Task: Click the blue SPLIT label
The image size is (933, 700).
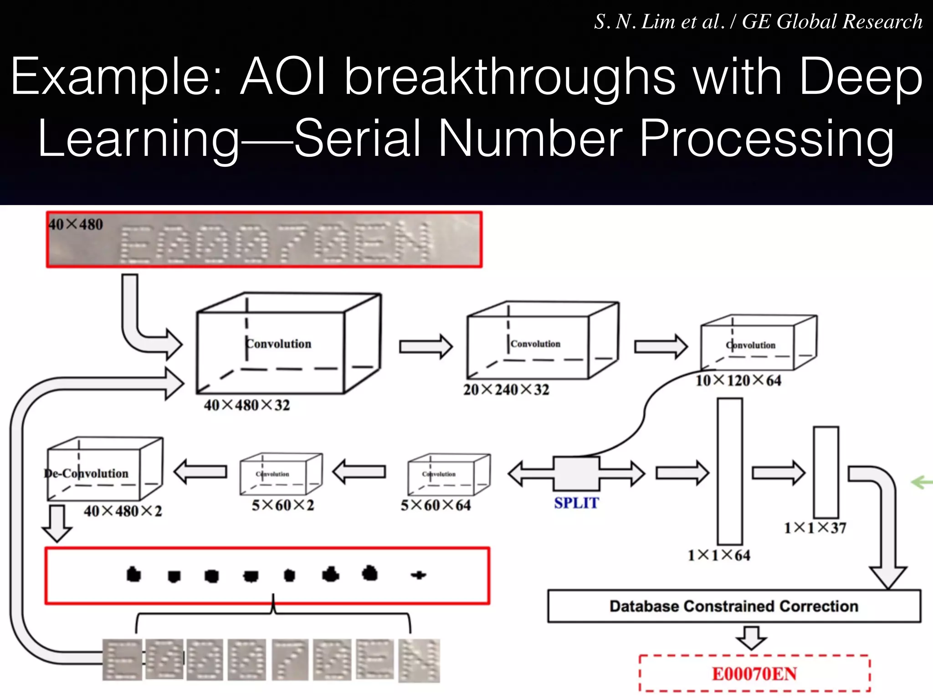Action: [576, 503]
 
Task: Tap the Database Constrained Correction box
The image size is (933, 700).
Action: [734, 606]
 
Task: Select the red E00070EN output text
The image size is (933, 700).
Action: [754, 674]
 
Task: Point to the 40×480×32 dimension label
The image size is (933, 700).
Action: [246, 405]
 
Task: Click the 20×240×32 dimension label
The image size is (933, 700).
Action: [506, 390]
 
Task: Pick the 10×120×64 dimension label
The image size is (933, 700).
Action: [738, 380]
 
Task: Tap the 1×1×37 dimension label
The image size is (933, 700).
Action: [815, 528]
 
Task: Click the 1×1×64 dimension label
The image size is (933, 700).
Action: [719, 555]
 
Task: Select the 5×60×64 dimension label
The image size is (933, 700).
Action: [436, 505]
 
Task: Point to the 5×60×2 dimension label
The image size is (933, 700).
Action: [283, 505]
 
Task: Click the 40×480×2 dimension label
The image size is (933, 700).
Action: [123, 511]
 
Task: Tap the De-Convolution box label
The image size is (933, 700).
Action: [87, 474]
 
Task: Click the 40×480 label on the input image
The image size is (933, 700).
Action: [76, 224]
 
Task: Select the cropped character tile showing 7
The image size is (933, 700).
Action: [290, 659]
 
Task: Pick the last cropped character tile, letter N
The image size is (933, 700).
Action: [419, 660]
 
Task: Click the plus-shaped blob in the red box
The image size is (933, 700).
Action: [418, 575]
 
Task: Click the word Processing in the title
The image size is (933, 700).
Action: [766, 138]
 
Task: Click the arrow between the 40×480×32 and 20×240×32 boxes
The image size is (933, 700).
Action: [425, 346]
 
